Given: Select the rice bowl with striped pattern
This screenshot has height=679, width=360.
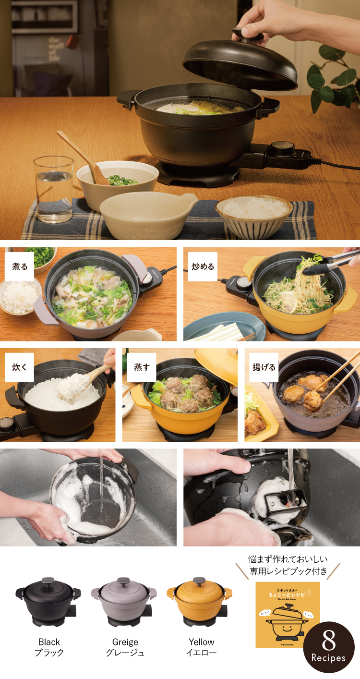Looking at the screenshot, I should pyautogui.click(x=254, y=216).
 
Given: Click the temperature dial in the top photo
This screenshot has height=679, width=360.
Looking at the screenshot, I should pyautogui.click(x=282, y=148).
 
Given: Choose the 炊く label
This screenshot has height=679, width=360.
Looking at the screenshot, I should pyautogui.click(x=20, y=367).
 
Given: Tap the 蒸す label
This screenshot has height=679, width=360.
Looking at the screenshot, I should pyautogui.click(x=142, y=367).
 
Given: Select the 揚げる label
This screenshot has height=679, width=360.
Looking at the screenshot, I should pyautogui.click(x=264, y=367).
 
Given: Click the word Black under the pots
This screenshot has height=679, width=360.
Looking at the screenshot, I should pyautogui.click(x=49, y=642).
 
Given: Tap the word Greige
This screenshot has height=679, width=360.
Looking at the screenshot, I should pyautogui.click(x=125, y=642).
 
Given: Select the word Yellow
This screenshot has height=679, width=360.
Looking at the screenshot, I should pyautogui.click(x=201, y=642).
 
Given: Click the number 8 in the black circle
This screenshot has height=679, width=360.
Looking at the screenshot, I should pyautogui.click(x=329, y=641).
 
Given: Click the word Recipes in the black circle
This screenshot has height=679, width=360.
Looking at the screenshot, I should pyautogui.click(x=329, y=658).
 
